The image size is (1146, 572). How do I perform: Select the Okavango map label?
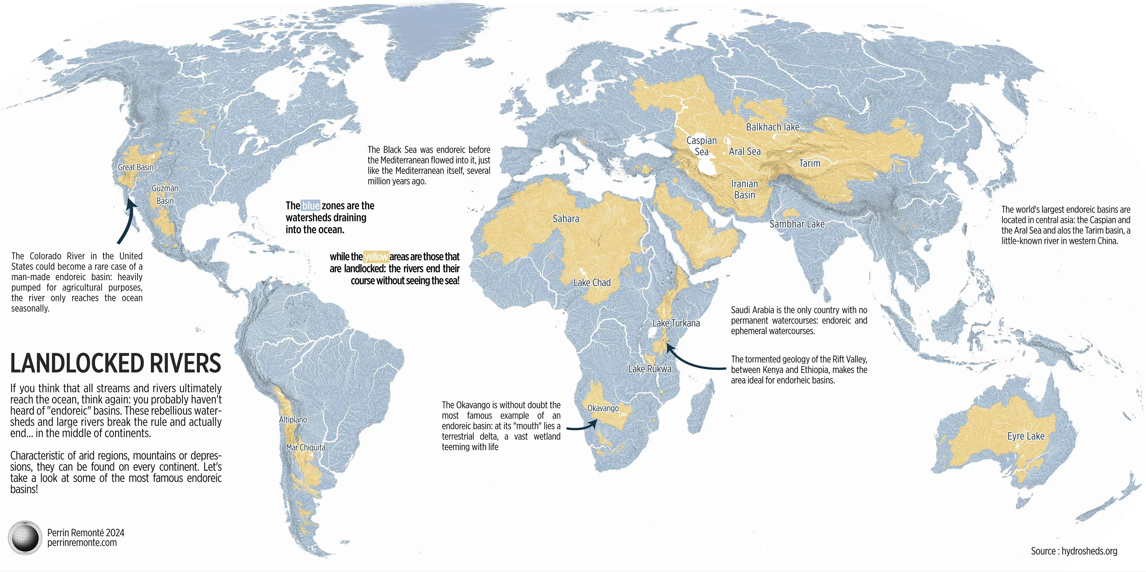coord(603,408)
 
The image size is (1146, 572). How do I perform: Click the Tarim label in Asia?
coord(809,163)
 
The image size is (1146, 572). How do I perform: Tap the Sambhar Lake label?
coord(797,224)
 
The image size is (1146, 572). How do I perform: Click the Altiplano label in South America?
coord(293,419)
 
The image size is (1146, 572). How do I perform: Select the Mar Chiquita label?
coord(306,448)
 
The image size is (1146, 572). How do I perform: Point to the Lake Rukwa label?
coord(650,369)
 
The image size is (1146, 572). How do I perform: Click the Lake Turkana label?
coord(676,323)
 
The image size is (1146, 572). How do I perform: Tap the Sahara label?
coord(566,219)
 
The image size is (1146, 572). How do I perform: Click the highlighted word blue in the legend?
coord(310,206)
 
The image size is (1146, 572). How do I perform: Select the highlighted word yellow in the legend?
coord(376,257)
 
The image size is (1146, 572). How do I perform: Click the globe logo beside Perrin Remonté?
coord(25,537)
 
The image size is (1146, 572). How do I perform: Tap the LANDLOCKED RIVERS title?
coord(116,363)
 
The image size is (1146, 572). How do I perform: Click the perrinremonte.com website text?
coord(82,543)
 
